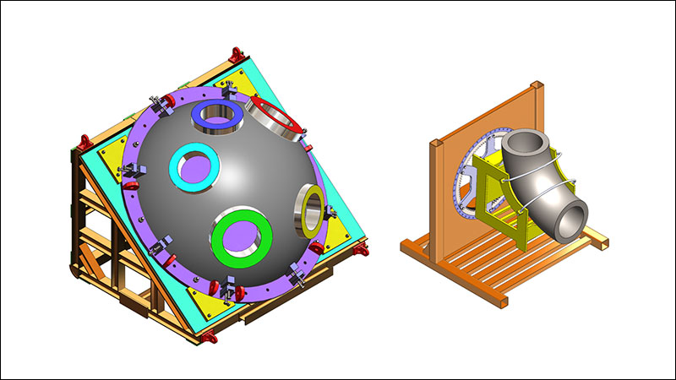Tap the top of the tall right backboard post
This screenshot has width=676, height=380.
tap(534, 86)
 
